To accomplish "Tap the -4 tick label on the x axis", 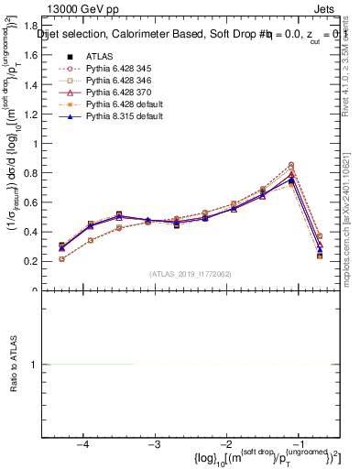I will point(82,446).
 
